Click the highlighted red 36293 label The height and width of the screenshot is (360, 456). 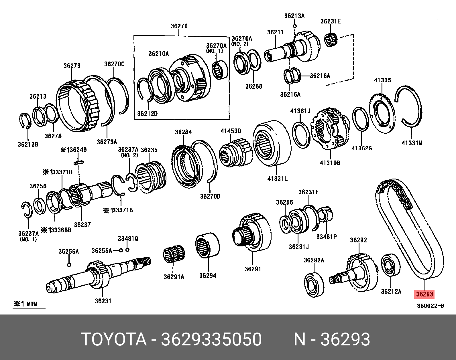(424, 294)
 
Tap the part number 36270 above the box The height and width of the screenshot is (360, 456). (179, 26)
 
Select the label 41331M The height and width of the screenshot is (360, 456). (412, 143)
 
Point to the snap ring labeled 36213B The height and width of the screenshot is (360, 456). (25, 120)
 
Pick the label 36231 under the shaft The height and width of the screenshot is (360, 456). (103, 301)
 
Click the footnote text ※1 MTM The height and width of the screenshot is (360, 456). (26, 304)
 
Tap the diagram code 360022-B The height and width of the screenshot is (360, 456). (430, 306)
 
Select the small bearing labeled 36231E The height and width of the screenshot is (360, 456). (331, 40)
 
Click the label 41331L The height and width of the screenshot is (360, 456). (277, 179)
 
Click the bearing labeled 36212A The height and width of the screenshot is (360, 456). (390, 265)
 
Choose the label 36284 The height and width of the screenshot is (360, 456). (183, 132)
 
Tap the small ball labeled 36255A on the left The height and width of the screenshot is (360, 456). (69, 265)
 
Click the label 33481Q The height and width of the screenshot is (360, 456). (128, 239)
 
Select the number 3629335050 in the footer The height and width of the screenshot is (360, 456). (211, 339)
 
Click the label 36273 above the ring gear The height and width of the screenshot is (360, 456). (72, 66)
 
